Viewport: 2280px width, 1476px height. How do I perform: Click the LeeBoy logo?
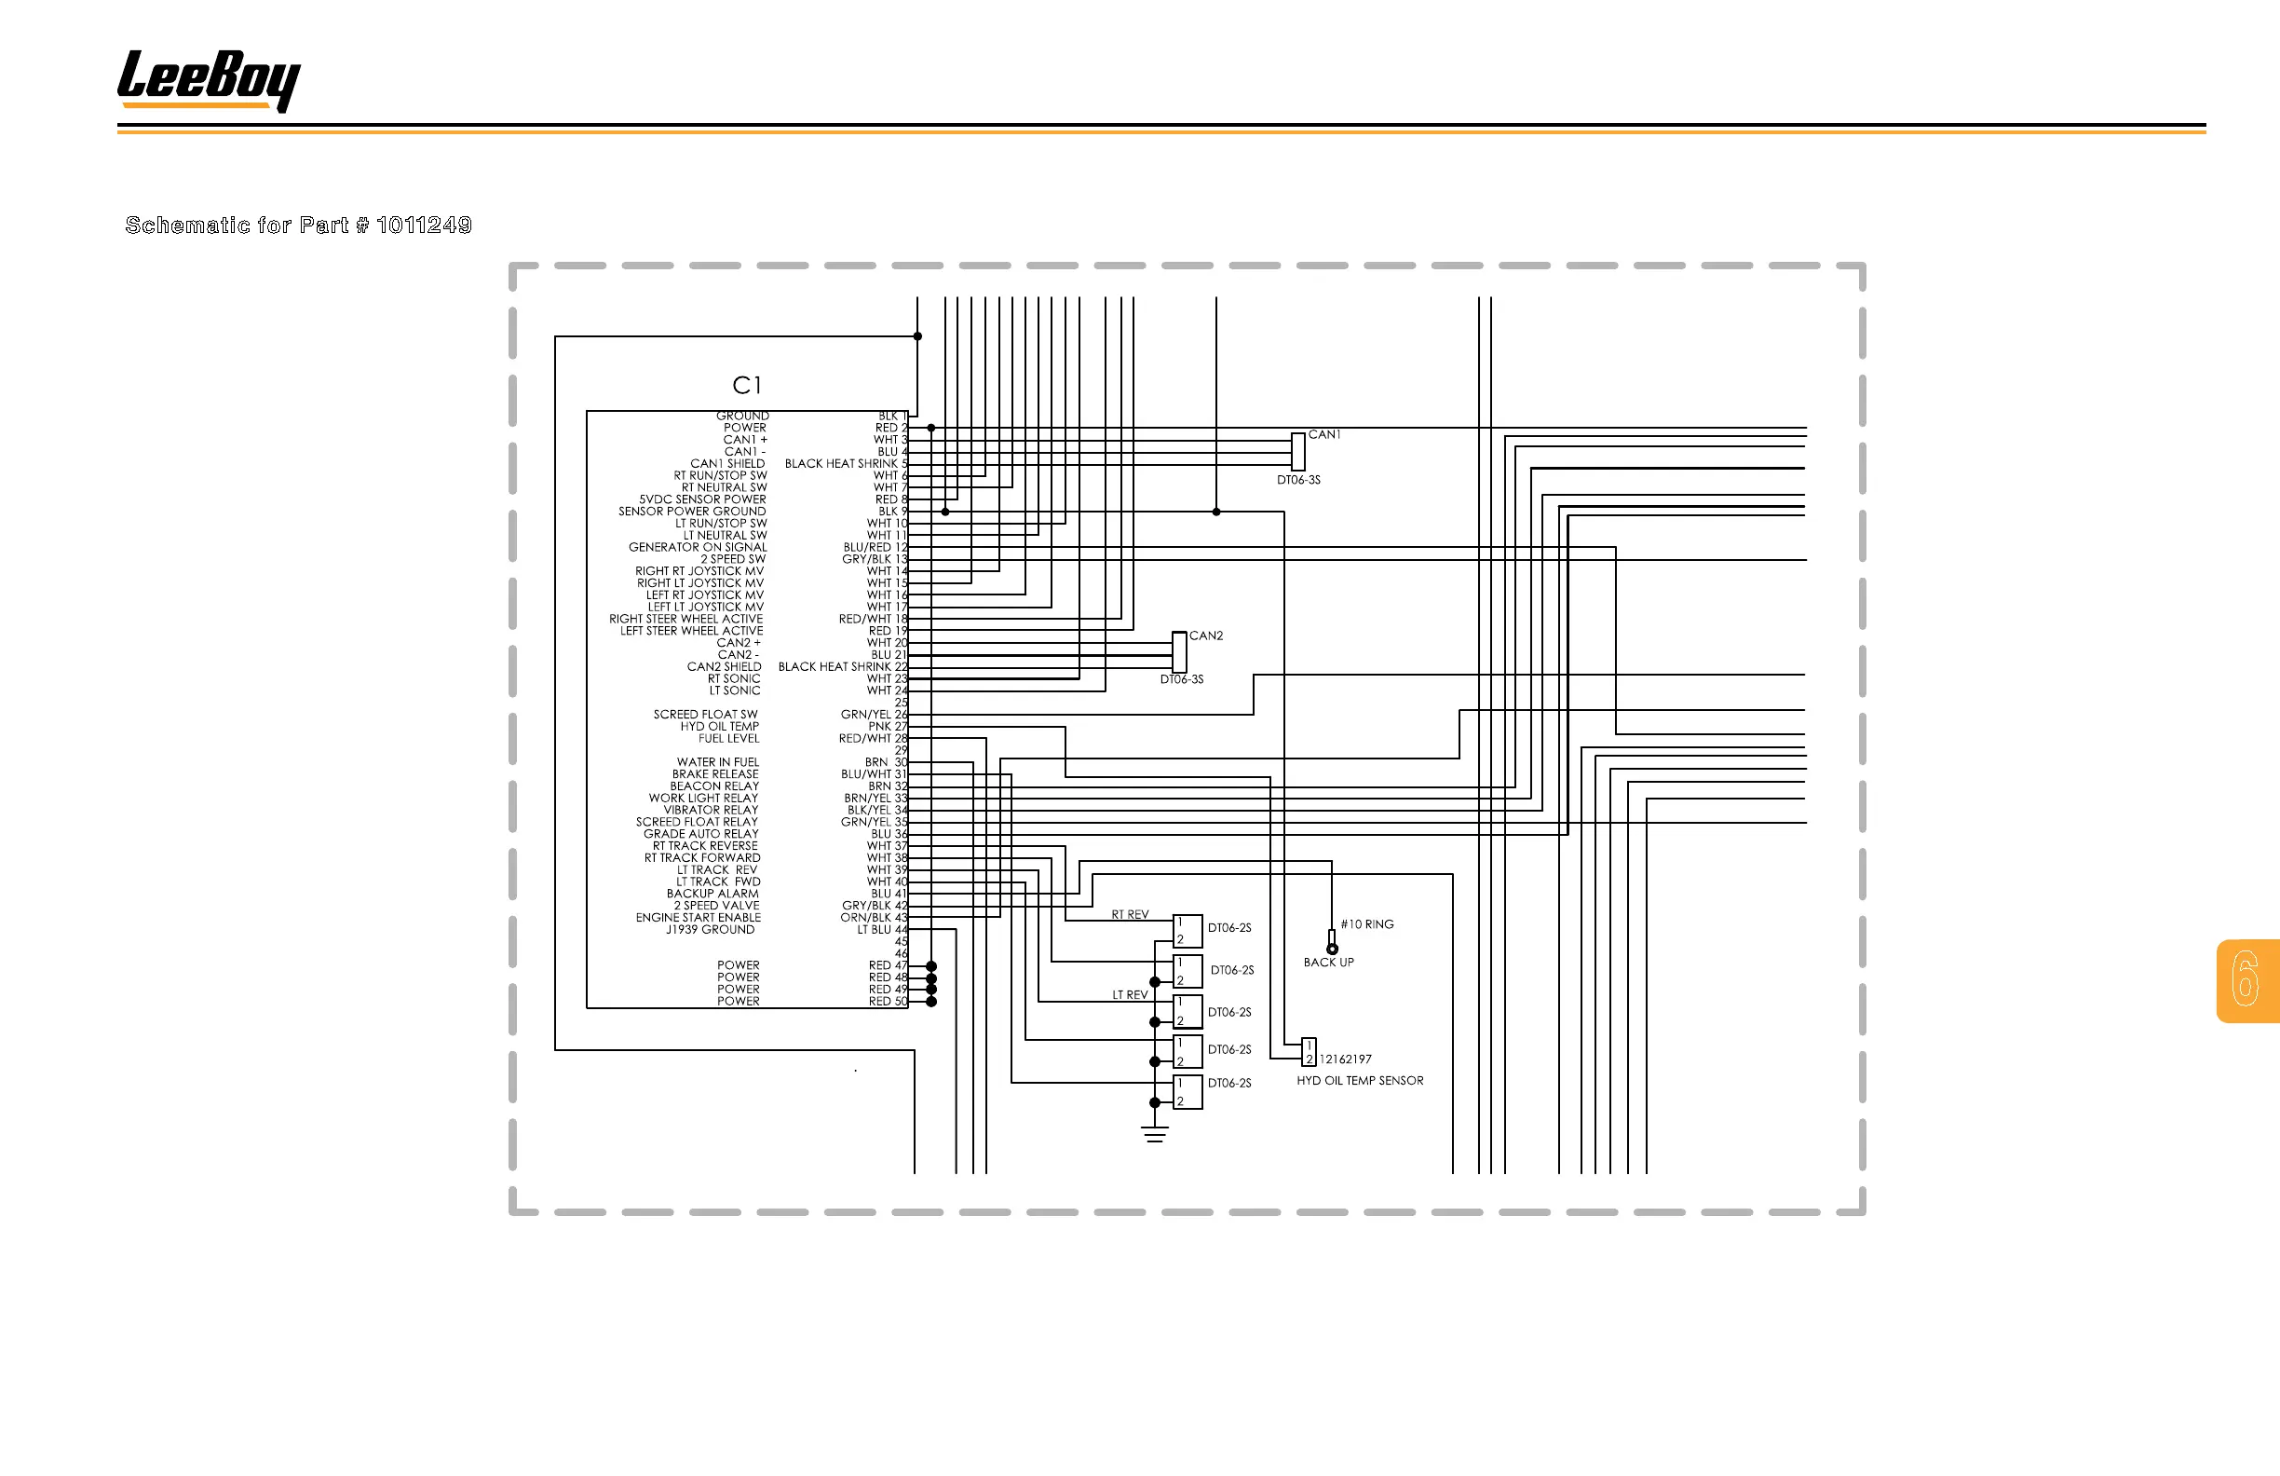(x=208, y=79)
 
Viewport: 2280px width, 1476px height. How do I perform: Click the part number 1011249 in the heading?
(x=424, y=225)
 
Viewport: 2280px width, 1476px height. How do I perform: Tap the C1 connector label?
(x=746, y=385)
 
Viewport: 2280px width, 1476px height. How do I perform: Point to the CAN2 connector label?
(x=1206, y=635)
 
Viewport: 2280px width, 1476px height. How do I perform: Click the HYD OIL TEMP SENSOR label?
(x=1360, y=1081)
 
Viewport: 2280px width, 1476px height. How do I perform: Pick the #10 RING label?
(x=1367, y=925)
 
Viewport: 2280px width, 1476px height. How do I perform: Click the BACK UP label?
(x=1328, y=963)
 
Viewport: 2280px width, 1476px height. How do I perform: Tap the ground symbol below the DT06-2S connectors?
(x=1154, y=1135)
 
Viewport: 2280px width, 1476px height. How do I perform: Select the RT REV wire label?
(x=1130, y=914)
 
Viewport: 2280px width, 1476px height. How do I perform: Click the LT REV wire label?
(x=1130, y=995)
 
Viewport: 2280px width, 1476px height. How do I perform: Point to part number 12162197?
(x=1345, y=1059)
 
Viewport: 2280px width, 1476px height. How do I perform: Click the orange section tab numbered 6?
(x=2246, y=979)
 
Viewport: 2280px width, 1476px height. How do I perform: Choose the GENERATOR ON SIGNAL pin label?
(x=698, y=547)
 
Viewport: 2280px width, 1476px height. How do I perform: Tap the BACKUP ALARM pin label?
(x=712, y=894)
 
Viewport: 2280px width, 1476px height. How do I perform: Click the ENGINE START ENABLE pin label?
(x=699, y=917)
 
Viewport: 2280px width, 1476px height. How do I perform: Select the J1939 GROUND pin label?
(x=710, y=930)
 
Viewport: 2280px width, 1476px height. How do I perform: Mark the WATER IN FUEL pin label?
(x=717, y=762)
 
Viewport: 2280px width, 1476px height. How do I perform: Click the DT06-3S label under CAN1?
(x=1298, y=480)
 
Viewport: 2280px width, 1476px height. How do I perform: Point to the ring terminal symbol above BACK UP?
(x=1332, y=945)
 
